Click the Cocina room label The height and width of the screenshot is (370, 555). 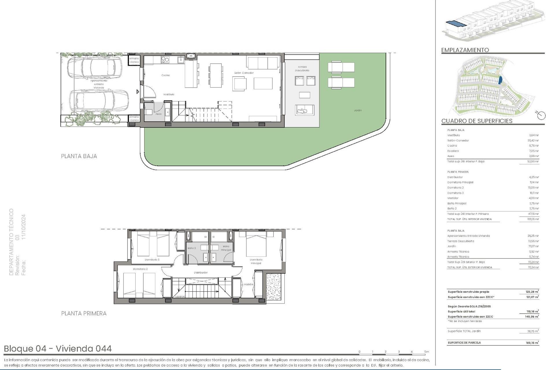166,75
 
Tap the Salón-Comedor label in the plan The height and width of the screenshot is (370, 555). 244,73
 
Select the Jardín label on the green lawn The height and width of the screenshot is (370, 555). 358,110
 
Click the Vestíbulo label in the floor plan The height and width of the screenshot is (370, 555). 169,95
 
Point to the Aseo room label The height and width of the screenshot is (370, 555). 158,114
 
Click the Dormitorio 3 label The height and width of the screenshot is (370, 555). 152,260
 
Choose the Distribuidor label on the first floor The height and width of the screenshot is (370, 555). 201,273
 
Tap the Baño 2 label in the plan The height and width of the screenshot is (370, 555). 191,248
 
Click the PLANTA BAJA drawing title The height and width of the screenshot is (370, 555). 79,156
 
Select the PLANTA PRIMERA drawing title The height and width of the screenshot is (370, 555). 84,313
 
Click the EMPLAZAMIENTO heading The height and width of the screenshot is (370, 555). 465,50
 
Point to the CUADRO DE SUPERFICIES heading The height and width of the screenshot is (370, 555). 477,121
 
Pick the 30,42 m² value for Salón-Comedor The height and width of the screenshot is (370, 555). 533,140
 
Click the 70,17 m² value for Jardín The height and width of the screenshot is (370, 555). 533,246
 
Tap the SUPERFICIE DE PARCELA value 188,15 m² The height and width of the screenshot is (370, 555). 532,343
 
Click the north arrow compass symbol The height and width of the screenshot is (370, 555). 541,115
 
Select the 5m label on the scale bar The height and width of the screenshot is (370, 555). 427,352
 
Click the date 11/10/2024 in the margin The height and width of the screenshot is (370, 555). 24,227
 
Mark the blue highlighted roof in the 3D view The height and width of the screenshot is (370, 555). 456,23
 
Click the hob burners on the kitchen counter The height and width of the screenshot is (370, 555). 165,60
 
